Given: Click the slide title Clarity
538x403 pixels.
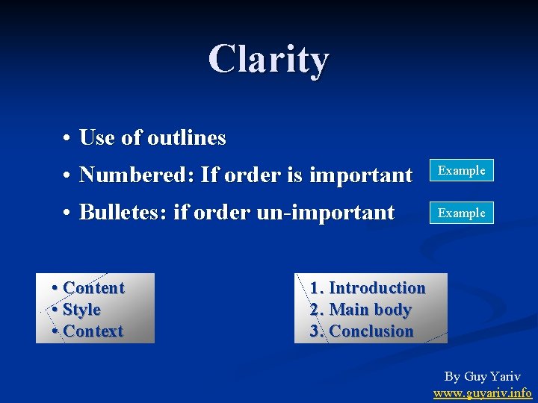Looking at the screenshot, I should pos(268,59).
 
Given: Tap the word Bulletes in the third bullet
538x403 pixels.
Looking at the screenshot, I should pos(123,213).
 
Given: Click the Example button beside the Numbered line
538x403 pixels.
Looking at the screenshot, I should pos(461,170).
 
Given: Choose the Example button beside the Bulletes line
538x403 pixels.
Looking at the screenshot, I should pos(461,213).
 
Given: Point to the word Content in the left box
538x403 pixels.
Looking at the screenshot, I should pos(94,288).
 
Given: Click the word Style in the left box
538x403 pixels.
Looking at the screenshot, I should pos(82,310).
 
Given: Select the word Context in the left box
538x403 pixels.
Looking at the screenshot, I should pos(93,331).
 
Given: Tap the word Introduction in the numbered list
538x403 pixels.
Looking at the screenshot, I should pos(377,288).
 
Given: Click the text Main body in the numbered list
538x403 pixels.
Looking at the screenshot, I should pos(370,310).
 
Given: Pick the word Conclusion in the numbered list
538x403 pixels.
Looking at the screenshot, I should pos(371,331).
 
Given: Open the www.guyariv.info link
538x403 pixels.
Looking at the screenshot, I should pos(483,393).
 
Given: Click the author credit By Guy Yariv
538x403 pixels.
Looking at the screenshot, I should pos(483,377).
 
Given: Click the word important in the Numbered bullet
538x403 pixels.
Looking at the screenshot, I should pos(360,175).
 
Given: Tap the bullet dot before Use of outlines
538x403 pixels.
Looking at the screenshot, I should pos(67,139).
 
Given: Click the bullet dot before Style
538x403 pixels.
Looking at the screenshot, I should pos(56,310).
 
